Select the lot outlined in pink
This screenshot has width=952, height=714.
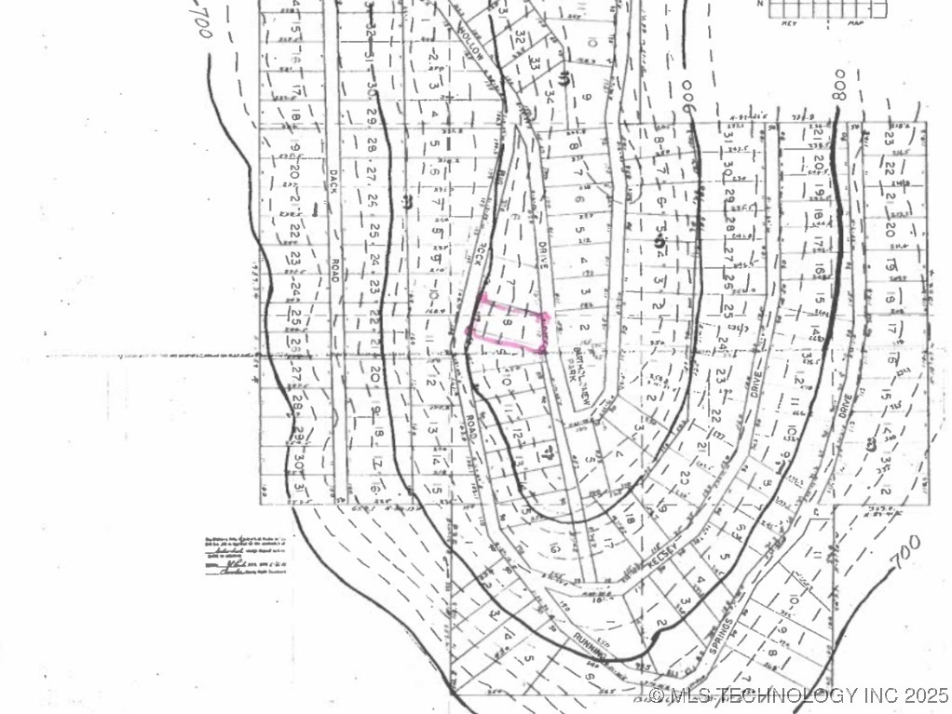pyautogui.click(x=509, y=325)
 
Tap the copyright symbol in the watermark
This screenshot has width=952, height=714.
pyautogui.click(x=657, y=695)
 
